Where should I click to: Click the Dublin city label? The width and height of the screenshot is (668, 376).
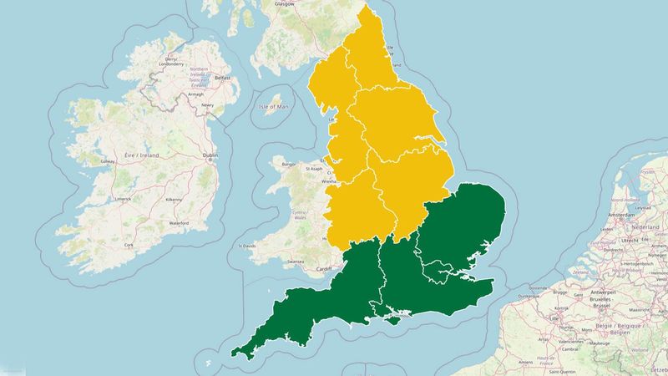(x=210, y=156)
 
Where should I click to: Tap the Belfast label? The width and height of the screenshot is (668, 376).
(x=223, y=78)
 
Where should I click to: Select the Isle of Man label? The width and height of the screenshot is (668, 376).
(x=273, y=107)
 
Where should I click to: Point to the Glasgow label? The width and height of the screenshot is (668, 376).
(x=286, y=3)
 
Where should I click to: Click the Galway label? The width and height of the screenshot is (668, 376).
(x=107, y=161)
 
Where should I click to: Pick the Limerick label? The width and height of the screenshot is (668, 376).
(x=124, y=199)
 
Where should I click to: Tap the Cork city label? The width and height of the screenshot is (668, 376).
(x=129, y=245)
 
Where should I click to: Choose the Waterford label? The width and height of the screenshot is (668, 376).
(x=179, y=223)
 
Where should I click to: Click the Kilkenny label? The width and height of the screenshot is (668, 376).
(x=174, y=200)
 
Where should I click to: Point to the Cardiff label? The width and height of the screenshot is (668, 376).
(x=324, y=268)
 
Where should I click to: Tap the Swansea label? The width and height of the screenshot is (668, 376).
(x=295, y=262)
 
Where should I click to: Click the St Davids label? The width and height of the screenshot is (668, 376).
(x=247, y=246)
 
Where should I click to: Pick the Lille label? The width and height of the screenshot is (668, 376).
(x=554, y=318)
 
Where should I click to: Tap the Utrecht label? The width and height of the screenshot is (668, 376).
(x=630, y=240)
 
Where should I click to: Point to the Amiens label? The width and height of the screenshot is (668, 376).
(x=525, y=362)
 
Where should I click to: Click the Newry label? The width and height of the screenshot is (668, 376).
(x=207, y=105)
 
